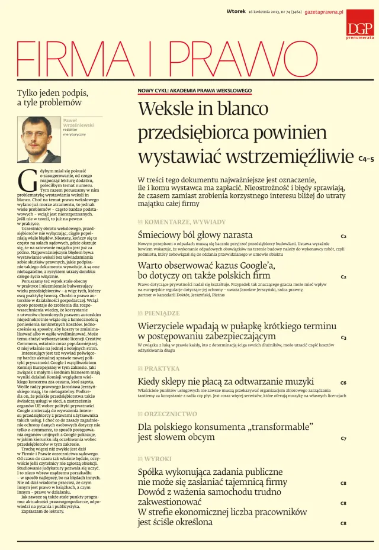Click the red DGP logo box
(x=360, y=23)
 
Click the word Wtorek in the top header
(x=236, y=11)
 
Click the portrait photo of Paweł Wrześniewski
(x=38, y=139)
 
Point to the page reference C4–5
(x=366, y=159)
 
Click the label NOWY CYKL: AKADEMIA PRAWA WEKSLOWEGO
(x=195, y=91)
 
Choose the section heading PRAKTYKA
(x=162, y=368)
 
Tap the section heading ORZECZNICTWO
(x=171, y=414)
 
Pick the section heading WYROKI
(x=158, y=459)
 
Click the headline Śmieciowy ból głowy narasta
(x=195, y=235)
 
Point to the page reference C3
(x=343, y=337)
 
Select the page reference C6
(x=343, y=383)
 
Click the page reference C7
(x=343, y=439)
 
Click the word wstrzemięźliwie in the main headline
(x=292, y=157)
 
